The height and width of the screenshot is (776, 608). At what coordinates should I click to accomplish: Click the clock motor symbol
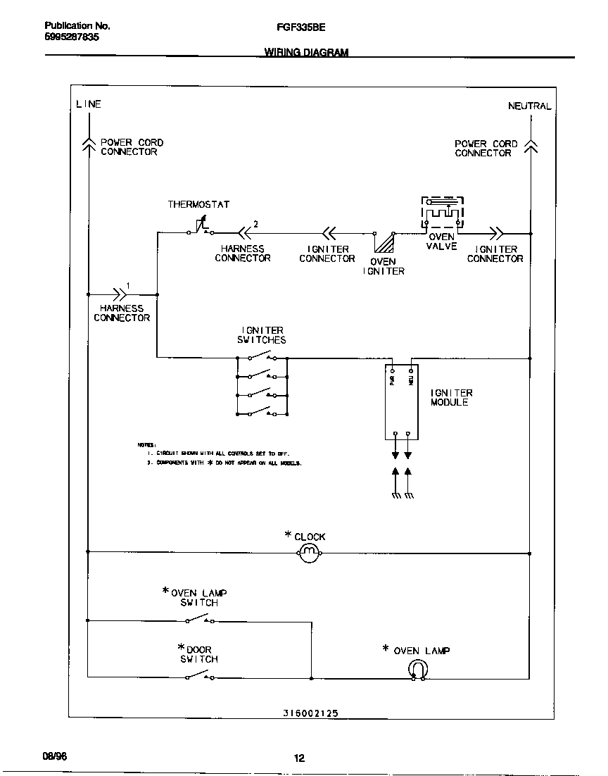tap(310, 553)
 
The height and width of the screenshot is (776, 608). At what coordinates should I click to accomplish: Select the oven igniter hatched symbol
tap(384, 242)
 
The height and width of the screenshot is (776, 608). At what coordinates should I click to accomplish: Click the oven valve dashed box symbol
tap(443, 212)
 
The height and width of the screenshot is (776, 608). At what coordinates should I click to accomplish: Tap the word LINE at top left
tap(89, 104)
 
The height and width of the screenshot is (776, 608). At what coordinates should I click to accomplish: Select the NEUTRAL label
tap(530, 106)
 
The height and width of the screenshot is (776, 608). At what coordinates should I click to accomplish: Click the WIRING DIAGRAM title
tap(306, 53)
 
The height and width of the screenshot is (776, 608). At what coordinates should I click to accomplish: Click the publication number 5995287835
tap(67, 37)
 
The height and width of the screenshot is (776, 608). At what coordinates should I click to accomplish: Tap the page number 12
tap(299, 758)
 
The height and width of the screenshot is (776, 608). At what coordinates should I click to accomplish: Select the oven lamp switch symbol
tap(200, 620)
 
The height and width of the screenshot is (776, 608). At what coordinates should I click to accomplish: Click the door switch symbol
tap(200, 676)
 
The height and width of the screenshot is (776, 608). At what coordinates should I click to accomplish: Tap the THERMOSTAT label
tap(198, 205)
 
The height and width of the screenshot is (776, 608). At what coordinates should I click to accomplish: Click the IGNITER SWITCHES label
tap(262, 335)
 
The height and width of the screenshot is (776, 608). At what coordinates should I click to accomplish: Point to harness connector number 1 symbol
tap(119, 294)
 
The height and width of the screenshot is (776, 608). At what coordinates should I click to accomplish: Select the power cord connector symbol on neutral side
tap(531, 147)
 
